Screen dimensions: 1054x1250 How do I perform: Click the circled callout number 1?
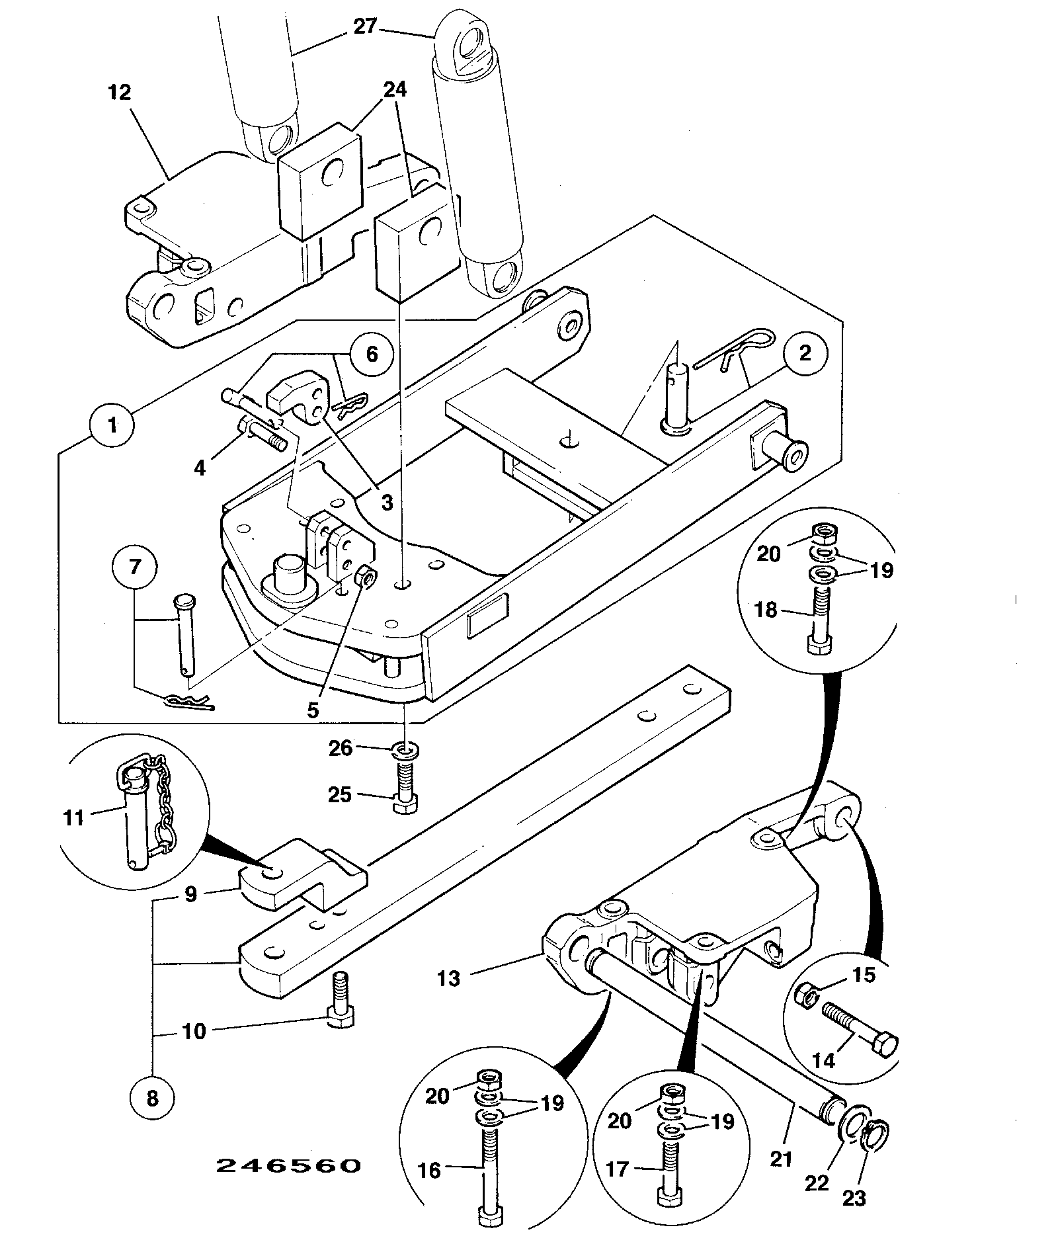coord(112,424)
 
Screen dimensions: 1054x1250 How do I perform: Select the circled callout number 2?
coord(805,354)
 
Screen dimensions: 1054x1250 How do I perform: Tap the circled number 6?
coord(372,354)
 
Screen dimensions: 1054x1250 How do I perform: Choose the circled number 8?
coord(153,1099)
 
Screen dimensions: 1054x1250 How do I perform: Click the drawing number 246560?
coord(290,1165)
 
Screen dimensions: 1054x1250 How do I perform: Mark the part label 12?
coord(120,92)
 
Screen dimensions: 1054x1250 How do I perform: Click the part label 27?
coord(365,26)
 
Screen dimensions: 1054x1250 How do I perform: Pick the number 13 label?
coord(449,978)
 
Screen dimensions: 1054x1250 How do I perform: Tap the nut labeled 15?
coord(807,993)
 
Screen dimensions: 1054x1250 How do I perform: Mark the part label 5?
coord(313,711)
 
